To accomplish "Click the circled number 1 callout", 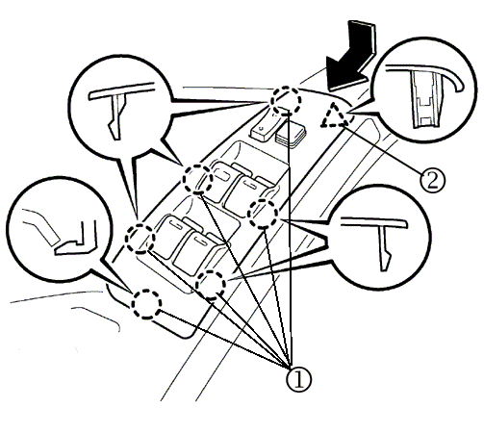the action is pyautogui.click(x=299, y=379).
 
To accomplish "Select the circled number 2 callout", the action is pyautogui.click(x=432, y=181).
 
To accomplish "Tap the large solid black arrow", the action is pyautogui.click(x=351, y=55).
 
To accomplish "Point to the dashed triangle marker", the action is pyautogui.click(x=334, y=115).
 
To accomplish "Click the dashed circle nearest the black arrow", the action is pyautogui.click(x=286, y=100).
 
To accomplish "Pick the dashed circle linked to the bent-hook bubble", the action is pyautogui.click(x=146, y=304).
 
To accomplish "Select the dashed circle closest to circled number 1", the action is pyautogui.click(x=211, y=285).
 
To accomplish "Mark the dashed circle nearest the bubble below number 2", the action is pyautogui.click(x=264, y=214).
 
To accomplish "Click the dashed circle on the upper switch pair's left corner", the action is pyautogui.click(x=197, y=179).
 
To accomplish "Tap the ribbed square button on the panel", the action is pyautogui.click(x=291, y=134).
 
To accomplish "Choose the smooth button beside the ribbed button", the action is pyautogui.click(x=265, y=130).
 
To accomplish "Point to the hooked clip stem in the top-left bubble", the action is pyautogui.click(x=116, y=117).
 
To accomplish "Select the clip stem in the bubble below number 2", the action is pyautogui.click(x=385, y=247).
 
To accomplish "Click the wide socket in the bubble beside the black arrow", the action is pyautogui.click(x=425, y=99).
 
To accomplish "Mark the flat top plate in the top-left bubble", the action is pyautogui.click(x=121, y=90).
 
